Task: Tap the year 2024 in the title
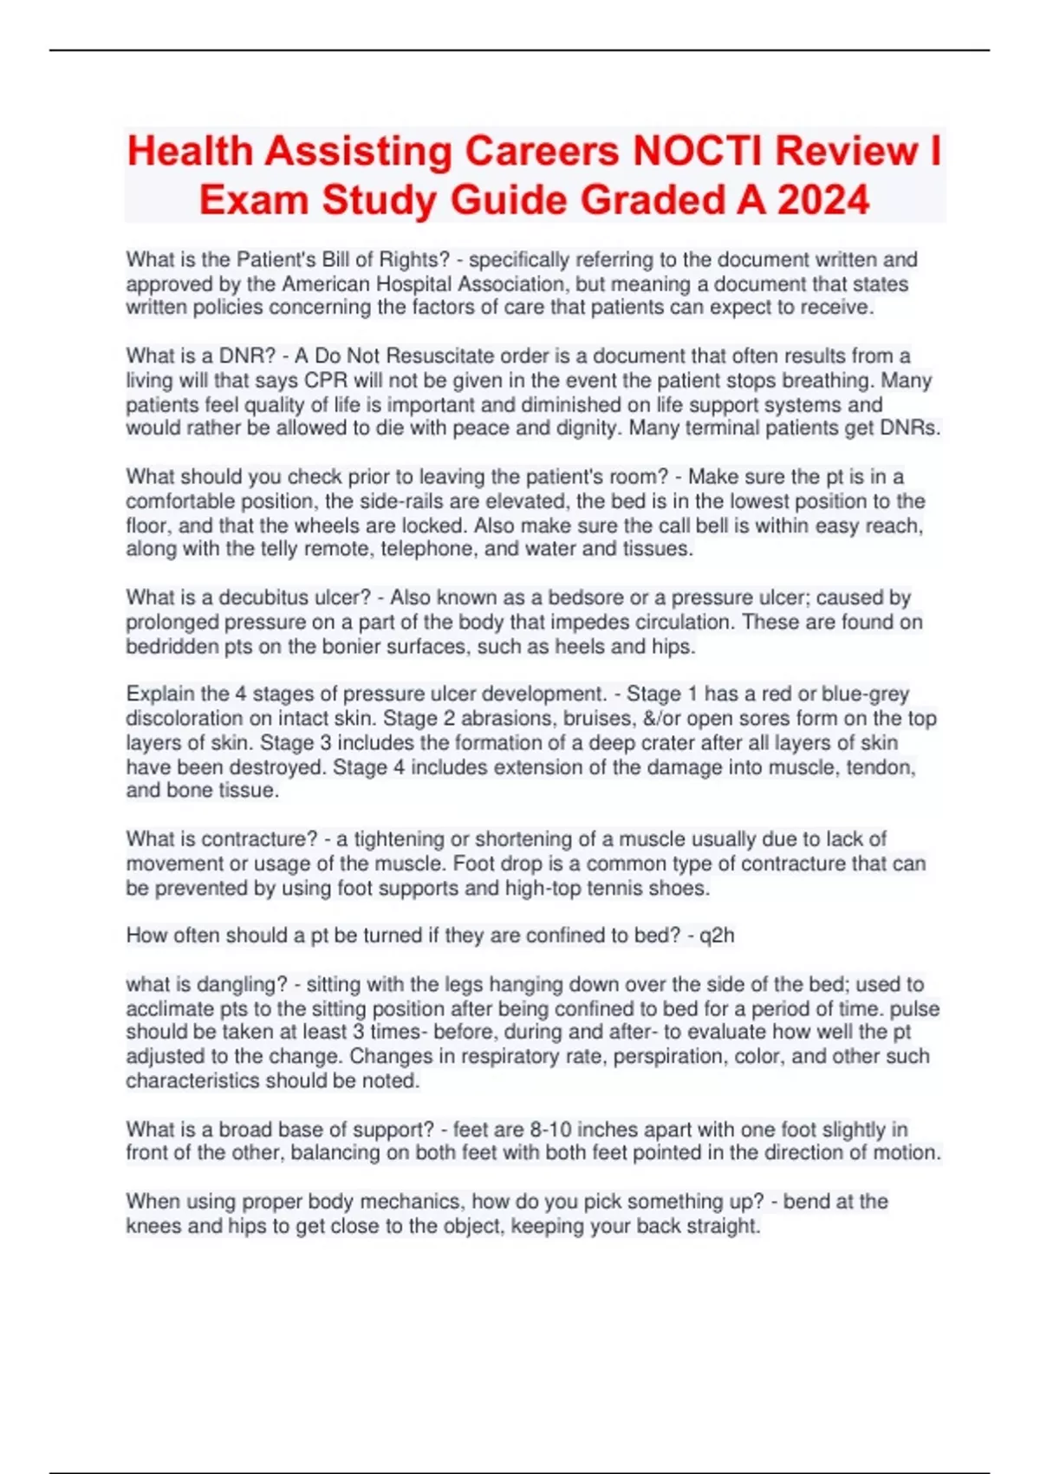point(823,200)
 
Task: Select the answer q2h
point(717,936)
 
